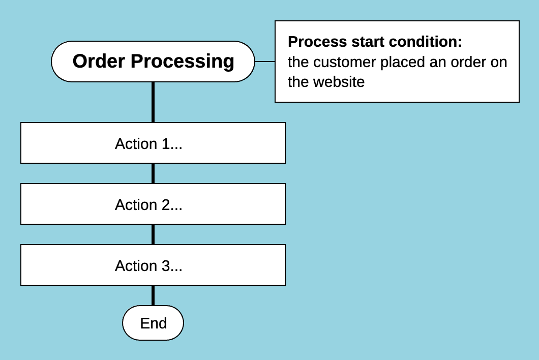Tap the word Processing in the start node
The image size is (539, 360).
pyautogui.click(x=183, y=62)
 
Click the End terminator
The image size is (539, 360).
pyautogui.click(x=153, y=323)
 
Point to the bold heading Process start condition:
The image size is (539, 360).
pyautogui.click(x=375, y=42)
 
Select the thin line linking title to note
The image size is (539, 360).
pyautogui.click(x=264, y=62)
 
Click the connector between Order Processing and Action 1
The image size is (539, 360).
pyautogui.click(x=153, y=102)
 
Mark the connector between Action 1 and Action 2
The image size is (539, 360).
pyautogui.click(x=153, y=173)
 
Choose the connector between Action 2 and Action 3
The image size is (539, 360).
pyautogui.click(x=153, y=234)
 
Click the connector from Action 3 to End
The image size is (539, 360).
pyautogui.click(x=153, y=295)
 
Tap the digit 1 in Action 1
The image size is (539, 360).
pyautogui.click(x=165, y=144)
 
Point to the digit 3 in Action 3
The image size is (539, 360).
pyautogui.click(x=165, y=266)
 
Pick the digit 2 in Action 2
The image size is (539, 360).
pyautogui.click(x=165, y=205)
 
